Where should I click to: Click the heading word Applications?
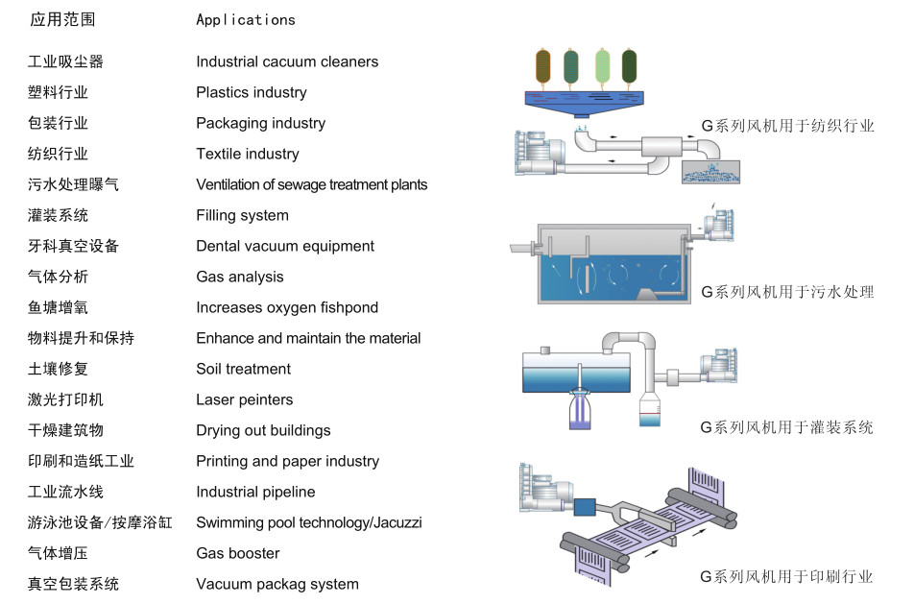(246, 20)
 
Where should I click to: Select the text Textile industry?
(247, 154)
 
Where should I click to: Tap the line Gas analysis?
(240, 277)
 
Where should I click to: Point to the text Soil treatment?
(243, 369)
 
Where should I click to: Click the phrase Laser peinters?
(244, 399)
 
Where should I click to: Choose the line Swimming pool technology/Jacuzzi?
(308, 522)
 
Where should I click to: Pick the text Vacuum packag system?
(277, 584)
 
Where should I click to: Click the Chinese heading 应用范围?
(62, 20)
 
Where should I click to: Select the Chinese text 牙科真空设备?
(73, 246)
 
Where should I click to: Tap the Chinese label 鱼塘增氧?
(58, 307)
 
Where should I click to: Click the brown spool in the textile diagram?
(542, 66)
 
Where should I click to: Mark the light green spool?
(602, 66)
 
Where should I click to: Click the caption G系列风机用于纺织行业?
(787, 126)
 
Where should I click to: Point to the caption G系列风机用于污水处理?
(787, 292)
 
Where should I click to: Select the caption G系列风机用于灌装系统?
(786, 428)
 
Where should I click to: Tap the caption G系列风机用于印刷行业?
(786, 577)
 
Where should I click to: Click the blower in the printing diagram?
(545, 489)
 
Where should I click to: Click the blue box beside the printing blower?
(585, 507)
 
